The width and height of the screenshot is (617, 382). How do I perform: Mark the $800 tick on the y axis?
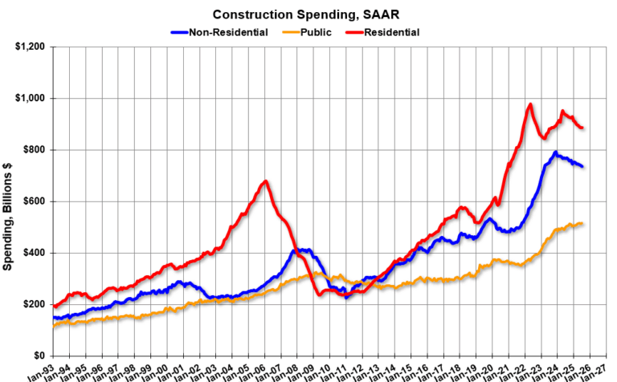(x=34, y=150)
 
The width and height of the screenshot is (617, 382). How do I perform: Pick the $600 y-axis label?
(x=34, y=201)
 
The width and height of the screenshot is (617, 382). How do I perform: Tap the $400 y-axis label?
(x=34, y=253)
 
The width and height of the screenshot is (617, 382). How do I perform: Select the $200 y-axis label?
(x=34, y=304)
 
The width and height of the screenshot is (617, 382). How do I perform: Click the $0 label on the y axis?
(x=39, y=356)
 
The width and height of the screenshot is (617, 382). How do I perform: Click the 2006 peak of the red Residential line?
(x=265, y=181)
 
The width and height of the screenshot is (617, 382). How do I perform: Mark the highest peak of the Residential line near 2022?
(x=530, y=104)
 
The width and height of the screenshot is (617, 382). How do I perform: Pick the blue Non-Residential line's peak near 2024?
(x=555, y=152)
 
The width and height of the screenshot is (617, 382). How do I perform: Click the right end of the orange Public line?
(x=582, y=223)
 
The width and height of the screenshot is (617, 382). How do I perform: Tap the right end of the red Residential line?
(x=582, y=128)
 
